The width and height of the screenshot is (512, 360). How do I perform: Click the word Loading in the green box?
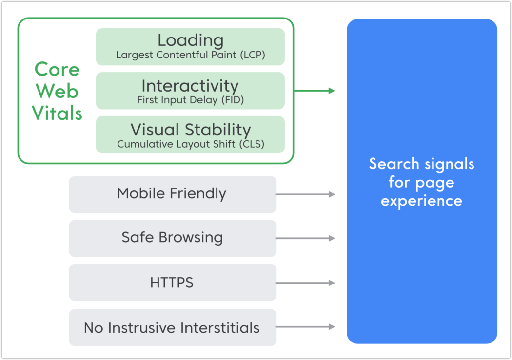pyautogui.click(x=190, y=40)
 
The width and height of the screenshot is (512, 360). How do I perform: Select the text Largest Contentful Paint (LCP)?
pyautogui.click(x=190, y=55)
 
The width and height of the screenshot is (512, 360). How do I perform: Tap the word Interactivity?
pyautogui.click(x=190, y=86)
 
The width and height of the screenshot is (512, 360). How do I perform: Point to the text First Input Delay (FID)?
pyautogui.click(x=190, y=100)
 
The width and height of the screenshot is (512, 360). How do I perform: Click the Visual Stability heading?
pyautogui.click(x=190, y=130)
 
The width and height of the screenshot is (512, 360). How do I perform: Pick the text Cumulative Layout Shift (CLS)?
pyautogui.click(x=190, y=144)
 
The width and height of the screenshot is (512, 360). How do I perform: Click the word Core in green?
pyautogui.click(x=57, y=69)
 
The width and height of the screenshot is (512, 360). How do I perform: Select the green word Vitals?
pyautogui.click(x=57, y=113)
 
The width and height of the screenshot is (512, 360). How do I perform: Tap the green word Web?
pyautogui.click(x=57, y=91)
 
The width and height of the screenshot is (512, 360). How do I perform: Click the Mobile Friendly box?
pyautogui.click(x=172, y=194)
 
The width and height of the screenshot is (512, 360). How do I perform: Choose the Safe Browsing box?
pyautogui.click(x=172, y=238)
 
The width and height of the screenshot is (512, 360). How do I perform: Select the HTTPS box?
pyautogui.click(x=172, y=283)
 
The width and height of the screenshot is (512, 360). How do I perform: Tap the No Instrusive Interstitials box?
pyautogui.click(x=172, y=327)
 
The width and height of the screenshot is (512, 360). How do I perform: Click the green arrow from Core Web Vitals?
pyautogui.click(x=314, y=91)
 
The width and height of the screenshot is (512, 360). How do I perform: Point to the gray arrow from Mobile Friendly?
pyautogui.click(x=305, y=194)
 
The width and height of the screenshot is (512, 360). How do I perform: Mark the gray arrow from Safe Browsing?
pyautogui.click(x=305, y=238)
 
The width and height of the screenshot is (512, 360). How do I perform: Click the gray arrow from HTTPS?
pyautogui.click(x=305, y=283)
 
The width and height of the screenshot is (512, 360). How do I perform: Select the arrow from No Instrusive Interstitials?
pyautogui.click(x=305, y=327)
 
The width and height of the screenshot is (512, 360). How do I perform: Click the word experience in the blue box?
pyautogui.click(x=421, y=201)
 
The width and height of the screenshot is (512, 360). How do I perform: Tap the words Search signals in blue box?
pyautogui.click(x=421, y=164)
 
